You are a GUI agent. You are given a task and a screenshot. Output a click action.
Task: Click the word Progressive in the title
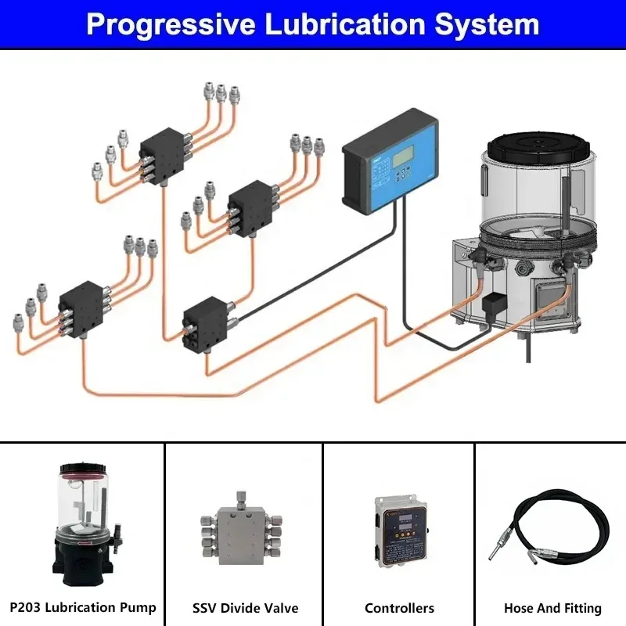(170, 25)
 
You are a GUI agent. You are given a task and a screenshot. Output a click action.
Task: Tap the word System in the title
(486, 25)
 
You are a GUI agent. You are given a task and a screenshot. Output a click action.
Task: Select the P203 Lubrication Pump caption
(83, 607)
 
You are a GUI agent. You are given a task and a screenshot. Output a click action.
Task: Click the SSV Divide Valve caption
(245, 608)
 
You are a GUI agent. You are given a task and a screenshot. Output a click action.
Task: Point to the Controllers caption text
(399, 608)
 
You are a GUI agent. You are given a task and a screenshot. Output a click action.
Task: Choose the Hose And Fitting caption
(552, 608)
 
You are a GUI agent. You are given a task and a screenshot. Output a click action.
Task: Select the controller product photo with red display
(399, 532)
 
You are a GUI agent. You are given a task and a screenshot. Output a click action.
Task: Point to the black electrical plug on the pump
(495, 305)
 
